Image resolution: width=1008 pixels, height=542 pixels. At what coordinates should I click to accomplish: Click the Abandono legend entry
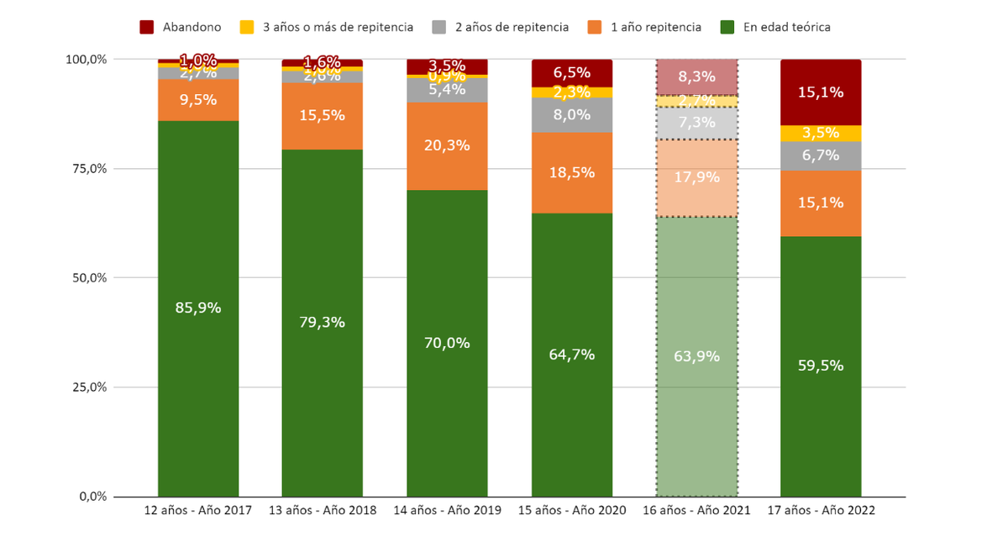(x=181, y=27)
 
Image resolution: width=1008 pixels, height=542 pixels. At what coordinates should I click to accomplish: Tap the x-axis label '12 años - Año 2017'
(x=198, y=510)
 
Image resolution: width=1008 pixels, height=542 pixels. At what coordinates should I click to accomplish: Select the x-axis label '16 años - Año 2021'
(x=696, y=510)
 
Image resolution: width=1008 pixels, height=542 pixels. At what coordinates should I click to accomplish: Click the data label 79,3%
(x=323, y=323)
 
